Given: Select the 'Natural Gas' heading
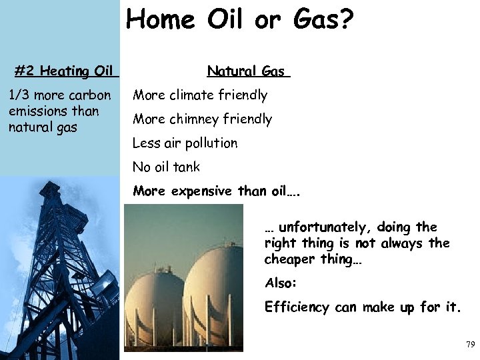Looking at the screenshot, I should tap(246, 71).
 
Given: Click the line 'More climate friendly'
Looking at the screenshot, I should tap(200, 95).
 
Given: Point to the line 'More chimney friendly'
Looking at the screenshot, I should tap(203, 119).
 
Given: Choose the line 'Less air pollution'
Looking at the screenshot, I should tap(185, 143).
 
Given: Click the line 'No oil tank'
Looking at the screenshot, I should tap(166, 167).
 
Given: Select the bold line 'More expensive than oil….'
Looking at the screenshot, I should tap(217, 191).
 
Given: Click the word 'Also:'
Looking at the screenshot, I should tap(281, 283).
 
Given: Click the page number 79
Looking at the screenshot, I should tap(469, 345).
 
